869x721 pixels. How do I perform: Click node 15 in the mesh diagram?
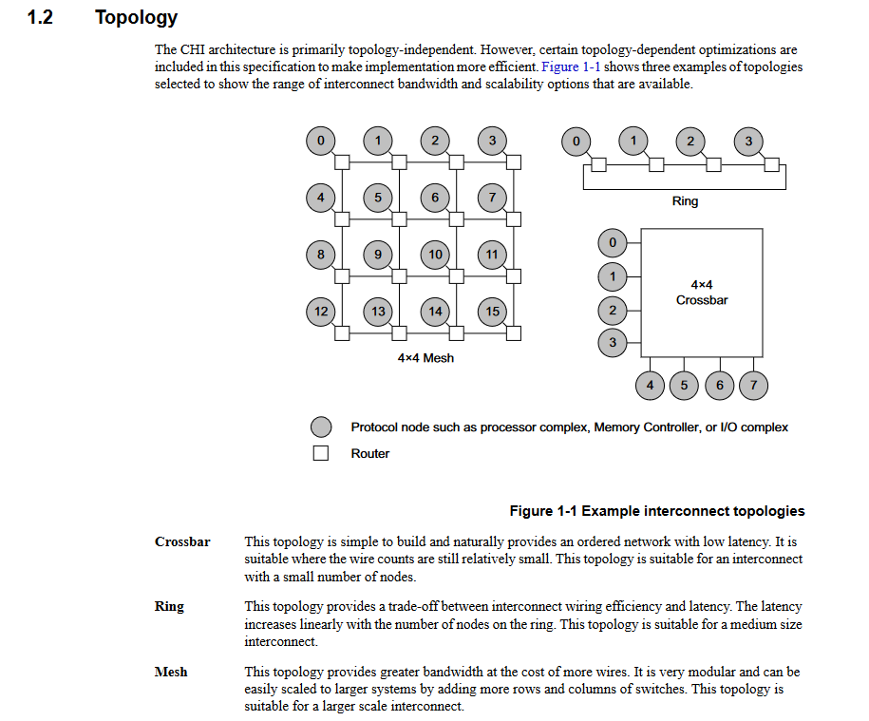[x=492, y=311]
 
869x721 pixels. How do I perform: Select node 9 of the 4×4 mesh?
[x=378, y=254]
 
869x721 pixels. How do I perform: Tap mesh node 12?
[x=321, y=311]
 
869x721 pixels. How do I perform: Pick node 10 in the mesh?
[x=435, y=254]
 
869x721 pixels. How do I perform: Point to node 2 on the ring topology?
[x=690, y=142]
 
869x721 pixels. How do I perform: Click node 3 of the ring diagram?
[x=748, y=142]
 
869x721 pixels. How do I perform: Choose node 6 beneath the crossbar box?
[x=719, y=385]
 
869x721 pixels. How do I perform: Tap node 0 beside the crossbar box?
[x=613, y=243]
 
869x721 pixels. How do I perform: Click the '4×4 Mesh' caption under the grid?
[x=425, y=358]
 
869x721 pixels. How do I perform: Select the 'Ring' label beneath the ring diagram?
[x=685, y=201]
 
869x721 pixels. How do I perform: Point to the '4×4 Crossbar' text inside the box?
[x=702, y=292]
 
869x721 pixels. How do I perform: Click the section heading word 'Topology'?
[x=136, y=17]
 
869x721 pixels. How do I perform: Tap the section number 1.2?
[x=39, y=17]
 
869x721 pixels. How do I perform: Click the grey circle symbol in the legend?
[x=321, y=427]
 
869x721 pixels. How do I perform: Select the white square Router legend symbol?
[x=321, y=453]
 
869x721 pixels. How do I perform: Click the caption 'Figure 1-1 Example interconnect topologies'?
[x=656, y=511]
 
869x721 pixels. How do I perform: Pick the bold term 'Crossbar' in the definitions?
[x=182, y=541]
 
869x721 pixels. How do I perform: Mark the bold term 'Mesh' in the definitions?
[x=171, y=672]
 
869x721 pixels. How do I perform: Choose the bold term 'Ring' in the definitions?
[x=169, y=606]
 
